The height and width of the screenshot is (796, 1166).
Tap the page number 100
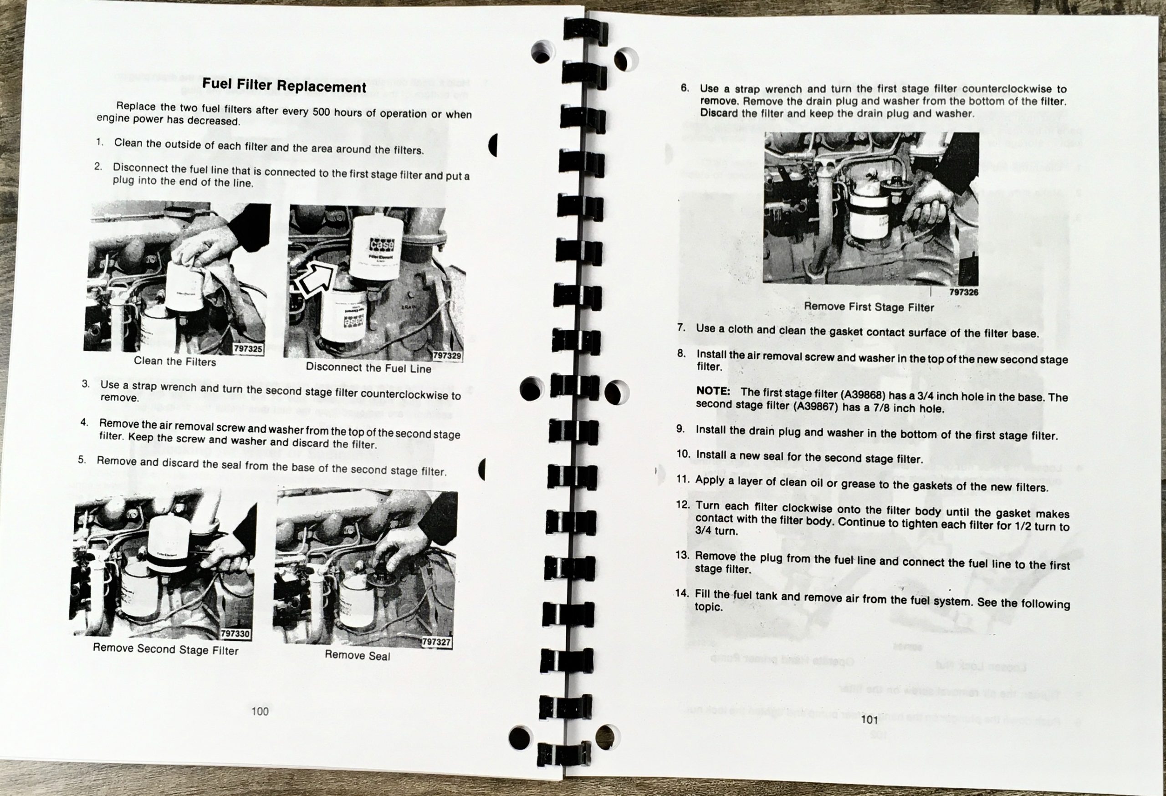260,711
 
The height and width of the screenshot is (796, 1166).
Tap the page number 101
869,720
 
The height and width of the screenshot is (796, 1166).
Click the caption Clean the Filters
174,361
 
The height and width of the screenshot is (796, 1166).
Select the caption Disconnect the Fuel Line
369,367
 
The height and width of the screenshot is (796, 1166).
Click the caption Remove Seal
357,655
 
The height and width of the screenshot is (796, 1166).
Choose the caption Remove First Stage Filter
869,307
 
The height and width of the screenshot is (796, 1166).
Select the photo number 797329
447,356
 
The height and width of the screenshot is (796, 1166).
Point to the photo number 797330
235,633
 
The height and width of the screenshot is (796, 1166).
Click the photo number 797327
436,642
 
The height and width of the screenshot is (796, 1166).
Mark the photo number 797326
964,292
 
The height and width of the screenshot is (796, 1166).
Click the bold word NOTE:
713,391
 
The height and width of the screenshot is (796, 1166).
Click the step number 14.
682,593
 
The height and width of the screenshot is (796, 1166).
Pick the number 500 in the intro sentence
321,112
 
